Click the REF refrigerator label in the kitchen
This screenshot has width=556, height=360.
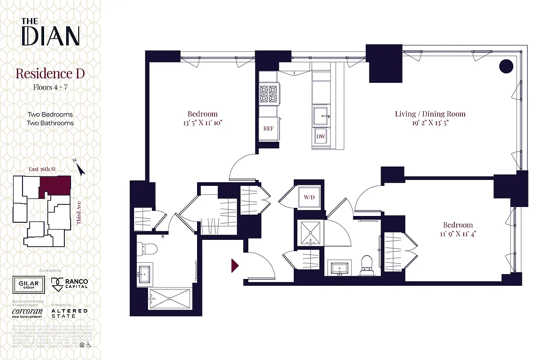coord(269,128)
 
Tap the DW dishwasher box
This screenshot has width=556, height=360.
coord(321,136)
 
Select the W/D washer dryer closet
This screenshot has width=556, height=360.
coord(309,197)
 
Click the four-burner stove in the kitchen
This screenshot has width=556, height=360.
coord(269,94)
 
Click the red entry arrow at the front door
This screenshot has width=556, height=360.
coord(235,265)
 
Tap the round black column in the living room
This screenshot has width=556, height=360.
coord(506,67)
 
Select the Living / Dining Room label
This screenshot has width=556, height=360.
coord(430,114)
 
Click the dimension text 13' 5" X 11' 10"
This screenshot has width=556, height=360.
coord(202,123)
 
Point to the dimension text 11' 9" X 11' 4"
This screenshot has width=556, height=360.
coord(458,234)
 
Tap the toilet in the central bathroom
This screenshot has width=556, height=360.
coord(367,265)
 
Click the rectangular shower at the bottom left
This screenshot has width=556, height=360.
coord(169,298)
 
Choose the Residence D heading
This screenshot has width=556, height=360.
coord(50,73)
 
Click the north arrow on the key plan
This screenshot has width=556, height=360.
coord(80,169)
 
